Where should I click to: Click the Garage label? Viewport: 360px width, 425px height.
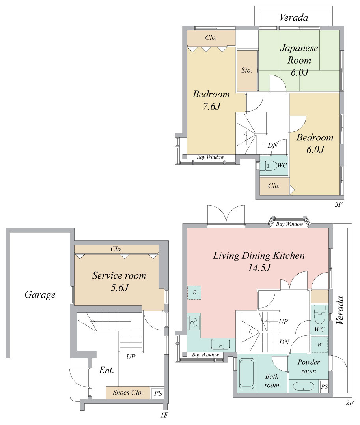click(40, 295)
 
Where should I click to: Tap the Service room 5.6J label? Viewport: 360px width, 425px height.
click(119, 281)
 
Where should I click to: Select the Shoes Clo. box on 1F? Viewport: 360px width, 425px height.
click(128, 393)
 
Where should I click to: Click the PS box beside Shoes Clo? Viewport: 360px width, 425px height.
click(158, 393)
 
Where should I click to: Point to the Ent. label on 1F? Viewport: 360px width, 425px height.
click(106, 370)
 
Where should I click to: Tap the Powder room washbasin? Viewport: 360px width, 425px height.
click(303, 386)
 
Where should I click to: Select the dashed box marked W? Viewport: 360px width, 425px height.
click(320, 345)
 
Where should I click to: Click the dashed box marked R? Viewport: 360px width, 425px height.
click(194, 292)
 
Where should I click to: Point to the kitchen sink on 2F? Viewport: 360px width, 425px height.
click(220, 344)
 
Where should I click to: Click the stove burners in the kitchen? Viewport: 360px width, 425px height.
click(194, 322)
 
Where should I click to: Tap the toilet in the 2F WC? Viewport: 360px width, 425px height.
click(320, 314)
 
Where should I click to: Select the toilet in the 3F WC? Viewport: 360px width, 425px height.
click(268, 165)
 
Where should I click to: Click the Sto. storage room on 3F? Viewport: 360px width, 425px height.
click(247, 71)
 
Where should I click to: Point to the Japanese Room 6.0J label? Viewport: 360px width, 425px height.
click(299, 60)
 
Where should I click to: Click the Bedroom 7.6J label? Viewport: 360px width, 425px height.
click(211, 100)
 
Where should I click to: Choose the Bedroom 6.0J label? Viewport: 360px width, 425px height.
click(315, 143)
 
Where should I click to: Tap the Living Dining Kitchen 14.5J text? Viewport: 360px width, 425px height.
click(259, 261)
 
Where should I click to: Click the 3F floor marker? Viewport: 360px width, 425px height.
click(339, 205)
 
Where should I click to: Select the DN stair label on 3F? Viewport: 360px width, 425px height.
click(273, 145)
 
